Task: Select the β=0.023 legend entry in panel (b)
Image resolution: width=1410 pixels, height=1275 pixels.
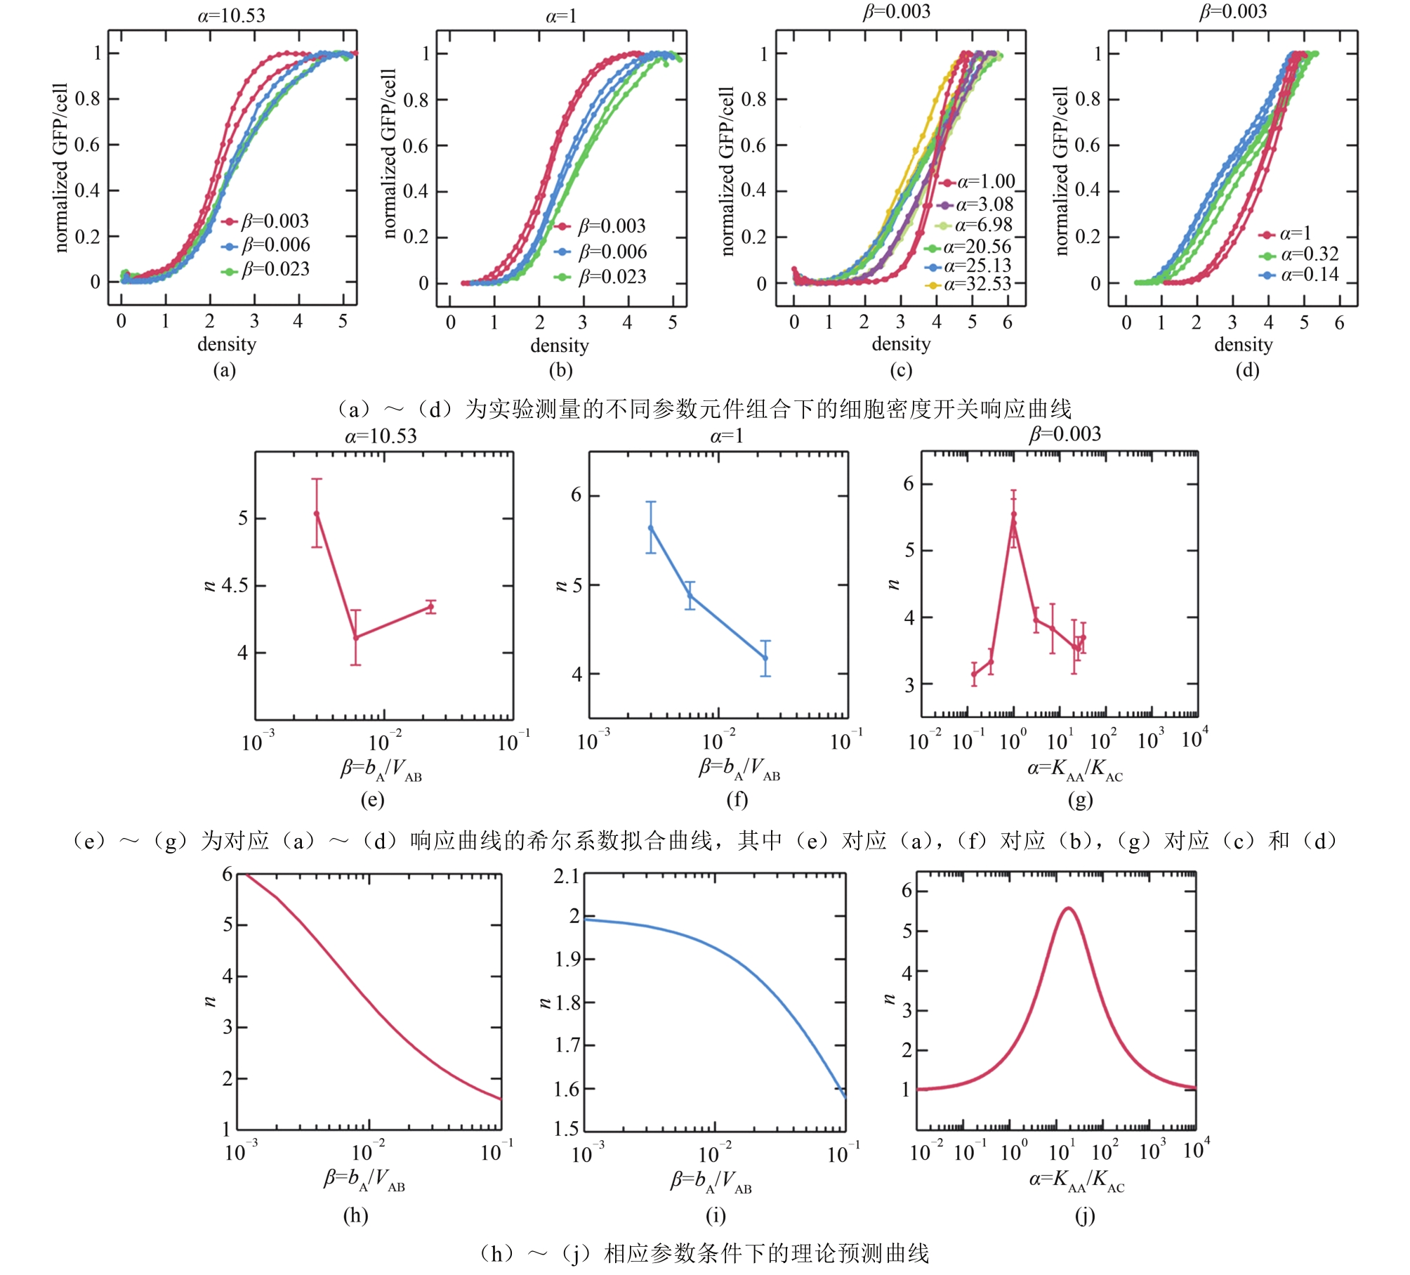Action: pos(612,277)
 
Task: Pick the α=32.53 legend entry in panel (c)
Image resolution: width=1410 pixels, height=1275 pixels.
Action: pos(977,284)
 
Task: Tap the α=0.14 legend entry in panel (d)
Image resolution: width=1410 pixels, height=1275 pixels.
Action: pos(1309,275)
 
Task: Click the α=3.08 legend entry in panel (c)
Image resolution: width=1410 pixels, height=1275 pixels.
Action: pos(984,204)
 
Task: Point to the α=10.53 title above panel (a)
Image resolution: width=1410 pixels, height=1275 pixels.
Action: pos(231,15)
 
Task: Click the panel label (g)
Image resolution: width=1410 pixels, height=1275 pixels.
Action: pos(1079,799)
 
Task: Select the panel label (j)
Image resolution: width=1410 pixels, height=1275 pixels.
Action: pos(1084,1216)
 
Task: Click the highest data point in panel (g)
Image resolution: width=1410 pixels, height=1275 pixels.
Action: pos(1013,514)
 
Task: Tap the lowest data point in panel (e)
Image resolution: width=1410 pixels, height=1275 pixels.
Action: pos(356,637)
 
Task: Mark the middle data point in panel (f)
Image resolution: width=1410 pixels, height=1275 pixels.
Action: pos(690,596)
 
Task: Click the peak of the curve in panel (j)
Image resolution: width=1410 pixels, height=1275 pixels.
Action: pos(1068,908)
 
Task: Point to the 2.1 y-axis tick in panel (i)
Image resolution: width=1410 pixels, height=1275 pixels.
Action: pos(566,877)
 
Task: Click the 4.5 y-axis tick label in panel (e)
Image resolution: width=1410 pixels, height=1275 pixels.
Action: pos(235,585)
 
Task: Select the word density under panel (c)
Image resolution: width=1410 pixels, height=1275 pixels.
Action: pos(901,344)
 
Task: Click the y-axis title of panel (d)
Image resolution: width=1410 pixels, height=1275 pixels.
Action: pos(1060,171)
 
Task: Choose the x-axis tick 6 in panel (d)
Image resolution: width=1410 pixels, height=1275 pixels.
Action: pos(1339,322)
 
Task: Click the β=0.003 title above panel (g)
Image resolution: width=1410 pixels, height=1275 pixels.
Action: pos(1065,435)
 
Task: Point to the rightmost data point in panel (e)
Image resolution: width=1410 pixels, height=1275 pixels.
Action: pos(430,607)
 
